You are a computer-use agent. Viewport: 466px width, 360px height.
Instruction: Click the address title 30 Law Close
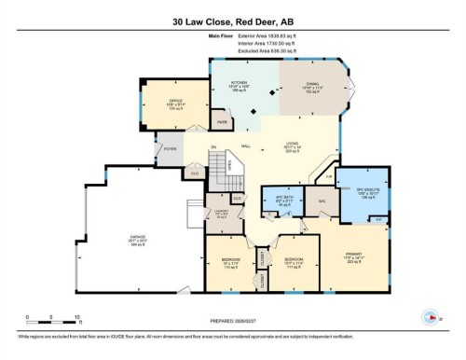pos(232,20)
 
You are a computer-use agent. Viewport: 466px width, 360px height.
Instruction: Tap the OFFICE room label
pos(174,102)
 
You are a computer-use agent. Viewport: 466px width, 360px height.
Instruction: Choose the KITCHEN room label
pos(238,84)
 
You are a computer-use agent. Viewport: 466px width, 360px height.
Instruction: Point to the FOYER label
pos(171,148)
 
